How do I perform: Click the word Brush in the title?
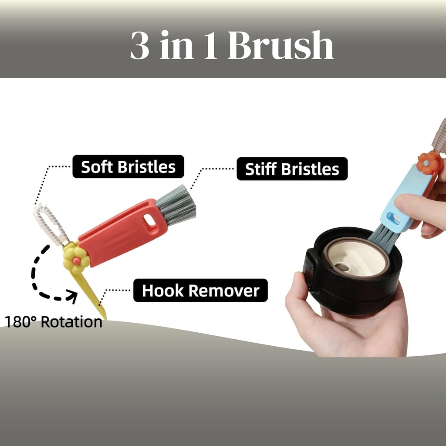pos(280,45)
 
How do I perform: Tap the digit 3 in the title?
pos(140,45)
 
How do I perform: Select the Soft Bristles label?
pos(128,167)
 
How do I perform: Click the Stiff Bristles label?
pos(292,169)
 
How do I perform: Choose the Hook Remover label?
pos(200,291)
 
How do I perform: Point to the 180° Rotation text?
pos(54,322)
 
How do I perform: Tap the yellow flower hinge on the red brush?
pos(76,259)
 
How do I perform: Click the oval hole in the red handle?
pos(150,221)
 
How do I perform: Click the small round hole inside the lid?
pos(342,267)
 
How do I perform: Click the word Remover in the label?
pos(224,291)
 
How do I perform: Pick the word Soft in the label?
pos(97,167)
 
